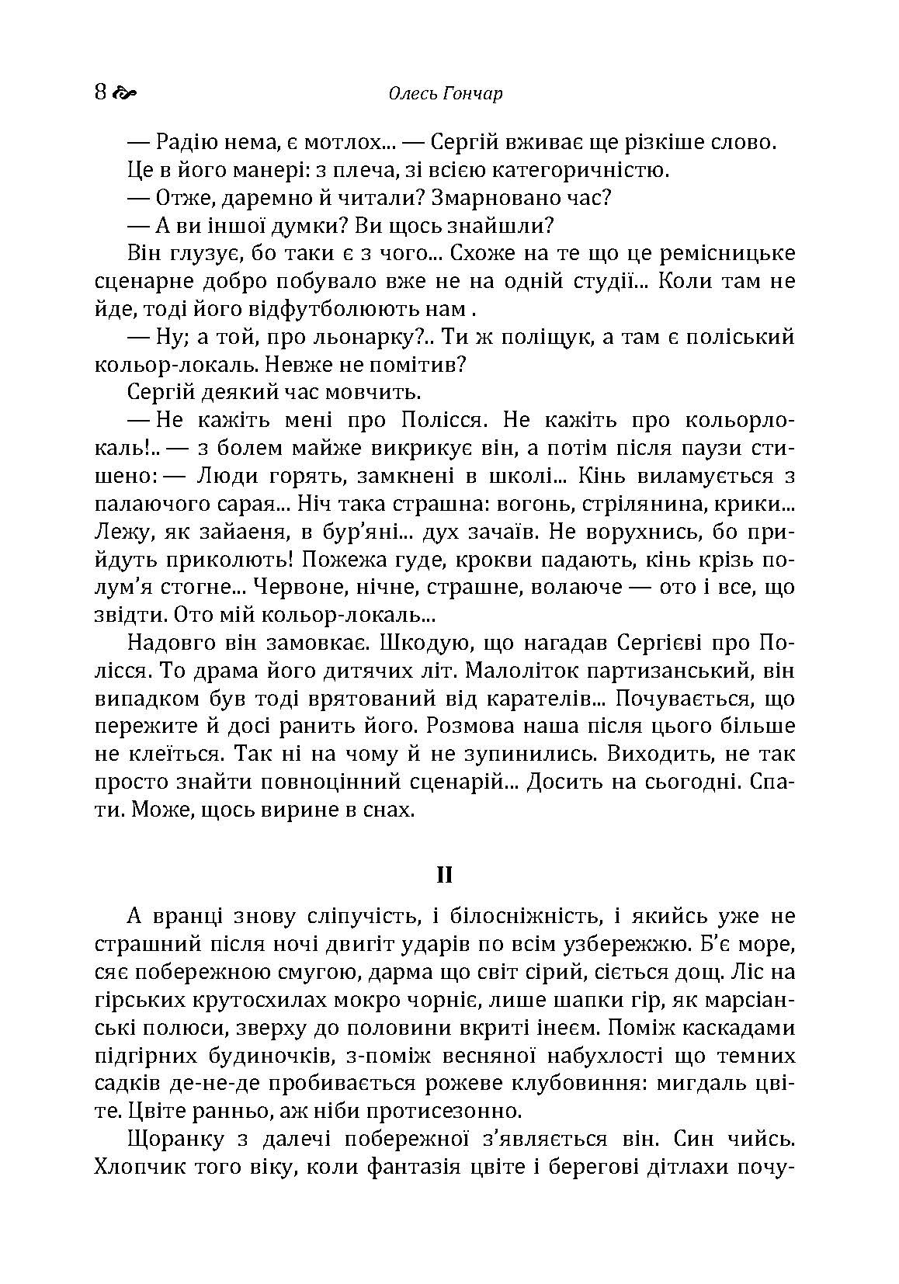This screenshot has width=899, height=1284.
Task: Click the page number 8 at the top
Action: (100, 92)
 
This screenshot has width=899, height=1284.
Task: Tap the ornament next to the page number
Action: (125, 94)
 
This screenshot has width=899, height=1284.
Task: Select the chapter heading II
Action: (444, 875)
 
